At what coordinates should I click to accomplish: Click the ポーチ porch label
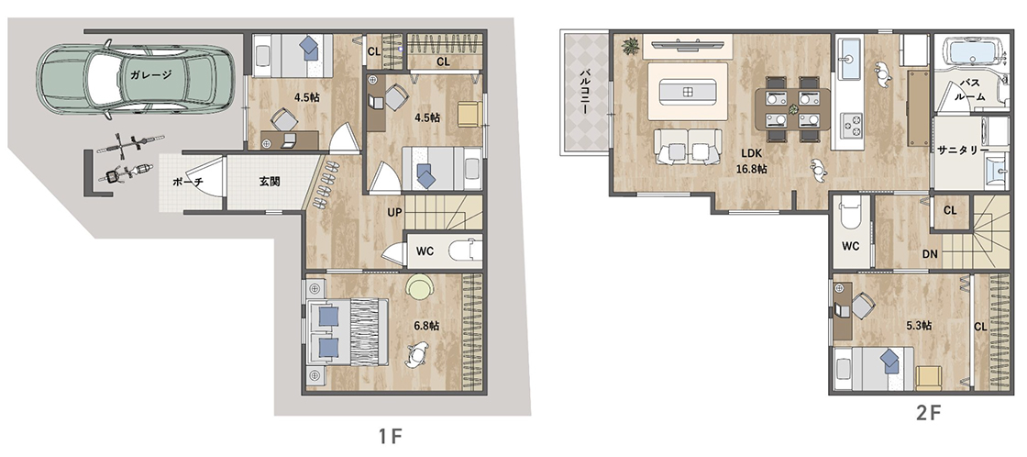pos(187,182)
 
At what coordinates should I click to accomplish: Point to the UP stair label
pos(394,213)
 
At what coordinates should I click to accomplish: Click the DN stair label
pos(929,254)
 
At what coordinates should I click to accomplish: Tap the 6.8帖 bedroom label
pos(426,325)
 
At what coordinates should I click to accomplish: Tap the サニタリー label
pos(963,150)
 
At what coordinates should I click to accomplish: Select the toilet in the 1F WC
pos(465,250)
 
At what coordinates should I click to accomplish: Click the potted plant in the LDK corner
pos(632,46)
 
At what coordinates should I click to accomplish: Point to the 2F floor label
pos(928,414)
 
